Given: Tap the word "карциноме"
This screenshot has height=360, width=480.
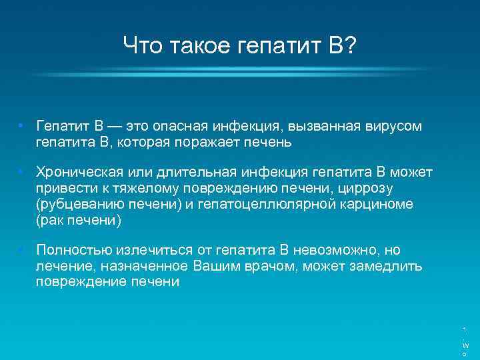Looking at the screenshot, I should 375,204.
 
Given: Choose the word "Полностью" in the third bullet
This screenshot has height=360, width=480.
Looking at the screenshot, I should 74,251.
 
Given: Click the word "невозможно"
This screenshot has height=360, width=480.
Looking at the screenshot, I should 336,251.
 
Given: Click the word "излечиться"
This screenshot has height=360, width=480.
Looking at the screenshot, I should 155,251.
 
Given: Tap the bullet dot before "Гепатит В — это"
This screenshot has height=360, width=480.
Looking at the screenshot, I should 21,126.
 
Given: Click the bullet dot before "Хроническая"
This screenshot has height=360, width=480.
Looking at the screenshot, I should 21,173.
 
